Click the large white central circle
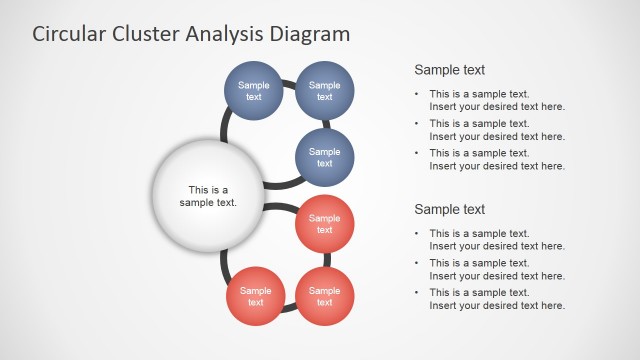pyautogui.click(x=208, y=195)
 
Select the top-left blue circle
pyautogui.click(x=254, y=91)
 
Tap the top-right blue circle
pyautogui.click(x=324, y=91)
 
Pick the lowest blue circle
pyautogui.click(x=324, y=158)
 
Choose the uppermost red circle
pyautogui.click(x=324, y=224)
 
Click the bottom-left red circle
pyautogui.click(x=255, y=296)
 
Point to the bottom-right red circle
pyautogui.click(x=324, y=296)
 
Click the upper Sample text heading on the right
pyautogui.click(x=449, y=70)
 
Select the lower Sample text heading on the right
pyautogui.click(x=449, y=209)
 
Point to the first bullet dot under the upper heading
pyautogui.click(x=418, y=95)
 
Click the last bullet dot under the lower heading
pyautogui.click(x=418, y=292)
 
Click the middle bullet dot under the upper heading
pyautogui.click(x=418, y=124)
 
